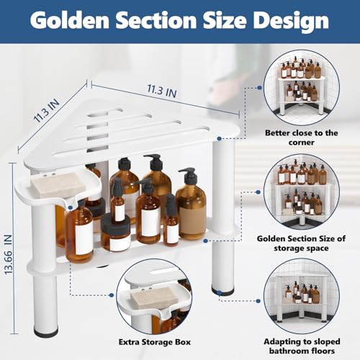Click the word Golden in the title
(x=70, y=20)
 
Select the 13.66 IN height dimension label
(x=8, y=255)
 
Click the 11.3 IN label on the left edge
(x=46, y=110)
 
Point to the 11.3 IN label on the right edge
(x=162, y=91)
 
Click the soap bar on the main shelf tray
(x=58, y=185)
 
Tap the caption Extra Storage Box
(x=155, y=342)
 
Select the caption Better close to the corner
(x=302, y=138)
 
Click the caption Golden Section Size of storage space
(x=301, y=243)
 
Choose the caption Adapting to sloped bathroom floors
(x=302, y=346)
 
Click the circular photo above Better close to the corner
(x=302, y=87)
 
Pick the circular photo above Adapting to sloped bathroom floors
(x=302, y=296)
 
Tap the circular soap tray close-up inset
(x=154, y=296)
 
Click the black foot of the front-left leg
(x=46, y=331)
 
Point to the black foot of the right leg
(x=222, y=291)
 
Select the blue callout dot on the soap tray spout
(x=71, y=207)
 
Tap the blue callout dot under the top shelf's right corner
(x=219, y=138)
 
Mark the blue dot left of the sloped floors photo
(x=258, y=301)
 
